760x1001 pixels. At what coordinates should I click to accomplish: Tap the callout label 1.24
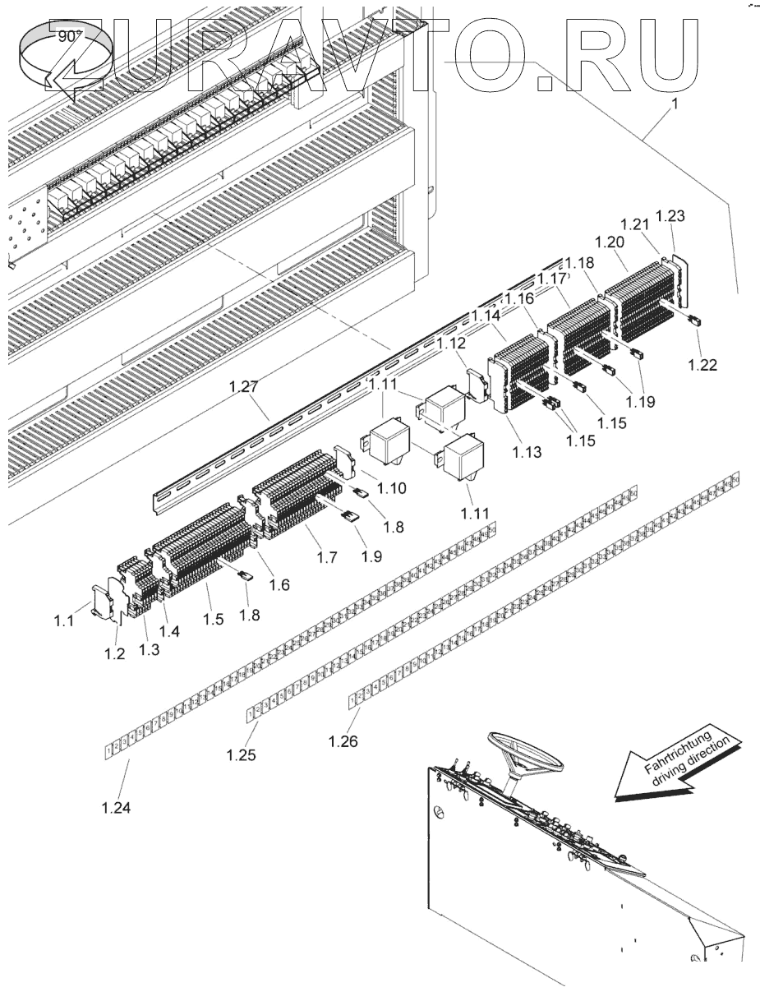coord(117,808)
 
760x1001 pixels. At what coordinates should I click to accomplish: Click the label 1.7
coord(326,556)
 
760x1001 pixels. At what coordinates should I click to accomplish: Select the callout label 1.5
coord(213,619)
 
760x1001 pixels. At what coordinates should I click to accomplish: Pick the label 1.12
coord(451,343)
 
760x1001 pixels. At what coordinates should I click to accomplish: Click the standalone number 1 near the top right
coord(676,105)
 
